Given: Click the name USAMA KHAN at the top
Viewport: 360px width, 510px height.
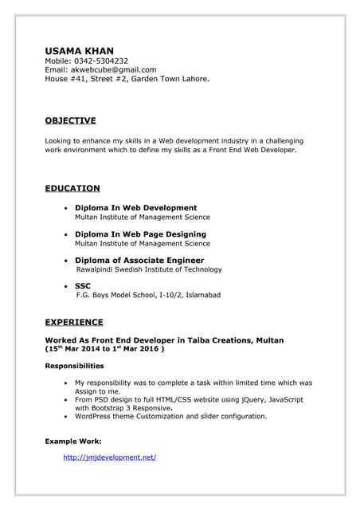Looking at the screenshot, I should pos(79,50).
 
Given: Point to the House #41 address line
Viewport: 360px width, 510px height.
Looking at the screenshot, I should pos(127,79).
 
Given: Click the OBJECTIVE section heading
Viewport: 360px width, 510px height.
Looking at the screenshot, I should pos(70,120).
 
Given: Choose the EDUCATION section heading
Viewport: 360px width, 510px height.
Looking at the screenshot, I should pos(72,188).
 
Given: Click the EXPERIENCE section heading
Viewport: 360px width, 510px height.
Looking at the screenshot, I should pos(73,322).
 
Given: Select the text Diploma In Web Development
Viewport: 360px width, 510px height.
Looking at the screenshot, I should pos(135,208).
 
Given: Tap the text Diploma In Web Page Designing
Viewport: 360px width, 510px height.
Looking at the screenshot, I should pos(140,234).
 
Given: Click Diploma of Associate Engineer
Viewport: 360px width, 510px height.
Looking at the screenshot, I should pos(139,261).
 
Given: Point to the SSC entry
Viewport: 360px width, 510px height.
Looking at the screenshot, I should pos(83,285).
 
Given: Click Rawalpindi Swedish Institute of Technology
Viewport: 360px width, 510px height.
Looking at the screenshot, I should pos(149,269).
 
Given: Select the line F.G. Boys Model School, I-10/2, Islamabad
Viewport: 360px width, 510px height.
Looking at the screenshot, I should pos(148,295).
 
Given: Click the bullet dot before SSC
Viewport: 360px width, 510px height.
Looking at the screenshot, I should pos(65,285).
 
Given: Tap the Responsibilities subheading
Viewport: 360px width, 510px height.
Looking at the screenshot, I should pos(74,366).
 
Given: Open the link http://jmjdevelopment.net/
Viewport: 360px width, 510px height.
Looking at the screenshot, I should pos(109,457).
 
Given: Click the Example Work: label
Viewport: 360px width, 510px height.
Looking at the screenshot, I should pos(72,440).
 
